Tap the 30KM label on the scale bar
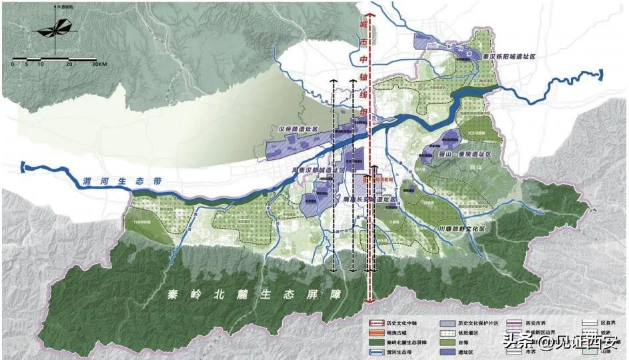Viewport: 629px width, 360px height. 98,65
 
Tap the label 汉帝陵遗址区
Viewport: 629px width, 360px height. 300,128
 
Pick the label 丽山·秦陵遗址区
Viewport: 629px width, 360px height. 466,154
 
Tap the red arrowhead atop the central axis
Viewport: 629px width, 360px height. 370,17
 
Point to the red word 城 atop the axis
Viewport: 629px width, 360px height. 364,25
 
